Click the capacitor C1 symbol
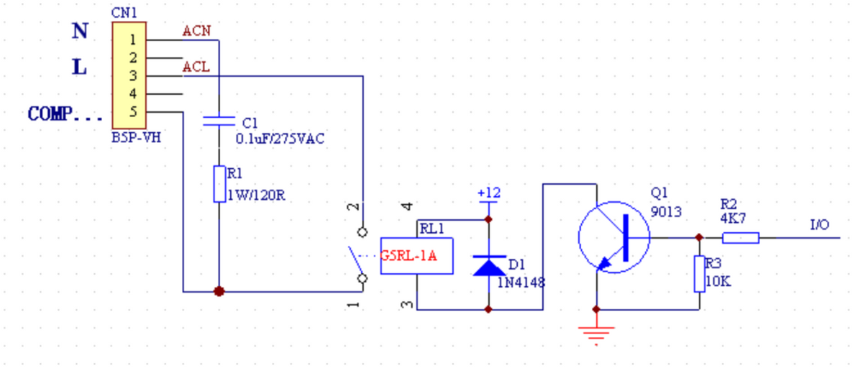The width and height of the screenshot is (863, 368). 219,120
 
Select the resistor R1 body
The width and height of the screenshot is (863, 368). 219,184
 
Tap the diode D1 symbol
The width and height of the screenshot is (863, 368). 488,265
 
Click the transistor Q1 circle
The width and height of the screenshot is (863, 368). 614,236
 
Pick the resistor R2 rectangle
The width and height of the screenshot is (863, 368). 741,237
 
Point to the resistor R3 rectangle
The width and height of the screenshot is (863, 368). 699,274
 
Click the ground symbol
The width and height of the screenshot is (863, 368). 596,333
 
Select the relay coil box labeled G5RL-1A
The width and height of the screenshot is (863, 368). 416,256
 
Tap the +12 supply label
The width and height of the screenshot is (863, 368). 489,193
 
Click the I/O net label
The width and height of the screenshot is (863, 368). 820,225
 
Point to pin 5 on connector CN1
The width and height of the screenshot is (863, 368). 132,111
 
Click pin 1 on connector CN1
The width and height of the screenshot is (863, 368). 132,40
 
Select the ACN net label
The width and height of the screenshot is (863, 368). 196,31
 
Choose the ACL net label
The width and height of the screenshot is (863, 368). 196,67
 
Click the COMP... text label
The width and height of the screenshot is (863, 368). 61,114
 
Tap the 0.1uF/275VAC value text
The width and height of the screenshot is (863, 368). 280,139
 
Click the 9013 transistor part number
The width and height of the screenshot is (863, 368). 665,212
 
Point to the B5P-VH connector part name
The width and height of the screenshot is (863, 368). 136,137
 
